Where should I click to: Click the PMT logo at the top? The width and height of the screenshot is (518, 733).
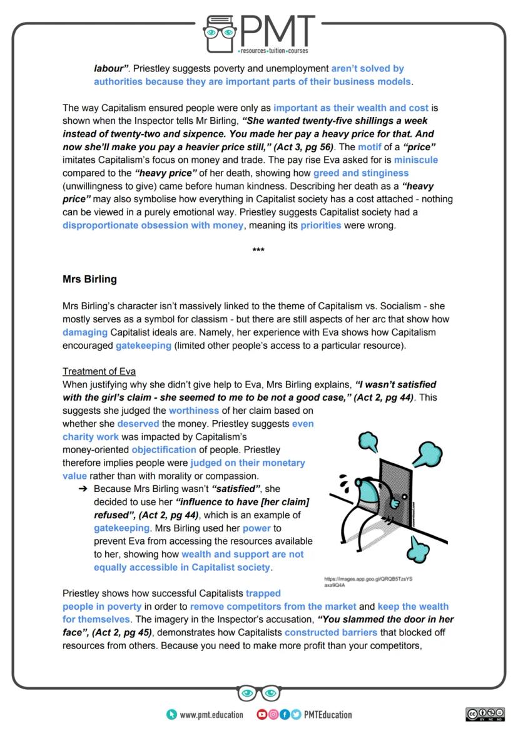259,33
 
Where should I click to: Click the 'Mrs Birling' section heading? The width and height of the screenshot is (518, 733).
89,279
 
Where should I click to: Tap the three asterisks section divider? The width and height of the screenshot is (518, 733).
258,251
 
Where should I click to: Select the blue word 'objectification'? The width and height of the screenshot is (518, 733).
164,449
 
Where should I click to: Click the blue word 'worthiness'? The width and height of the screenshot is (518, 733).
194,410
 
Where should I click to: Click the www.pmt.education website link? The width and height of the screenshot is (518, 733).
211,715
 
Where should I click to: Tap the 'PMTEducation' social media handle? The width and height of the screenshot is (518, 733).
328,715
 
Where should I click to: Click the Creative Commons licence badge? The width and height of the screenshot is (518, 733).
485,715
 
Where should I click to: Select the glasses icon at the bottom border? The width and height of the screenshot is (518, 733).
258,693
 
